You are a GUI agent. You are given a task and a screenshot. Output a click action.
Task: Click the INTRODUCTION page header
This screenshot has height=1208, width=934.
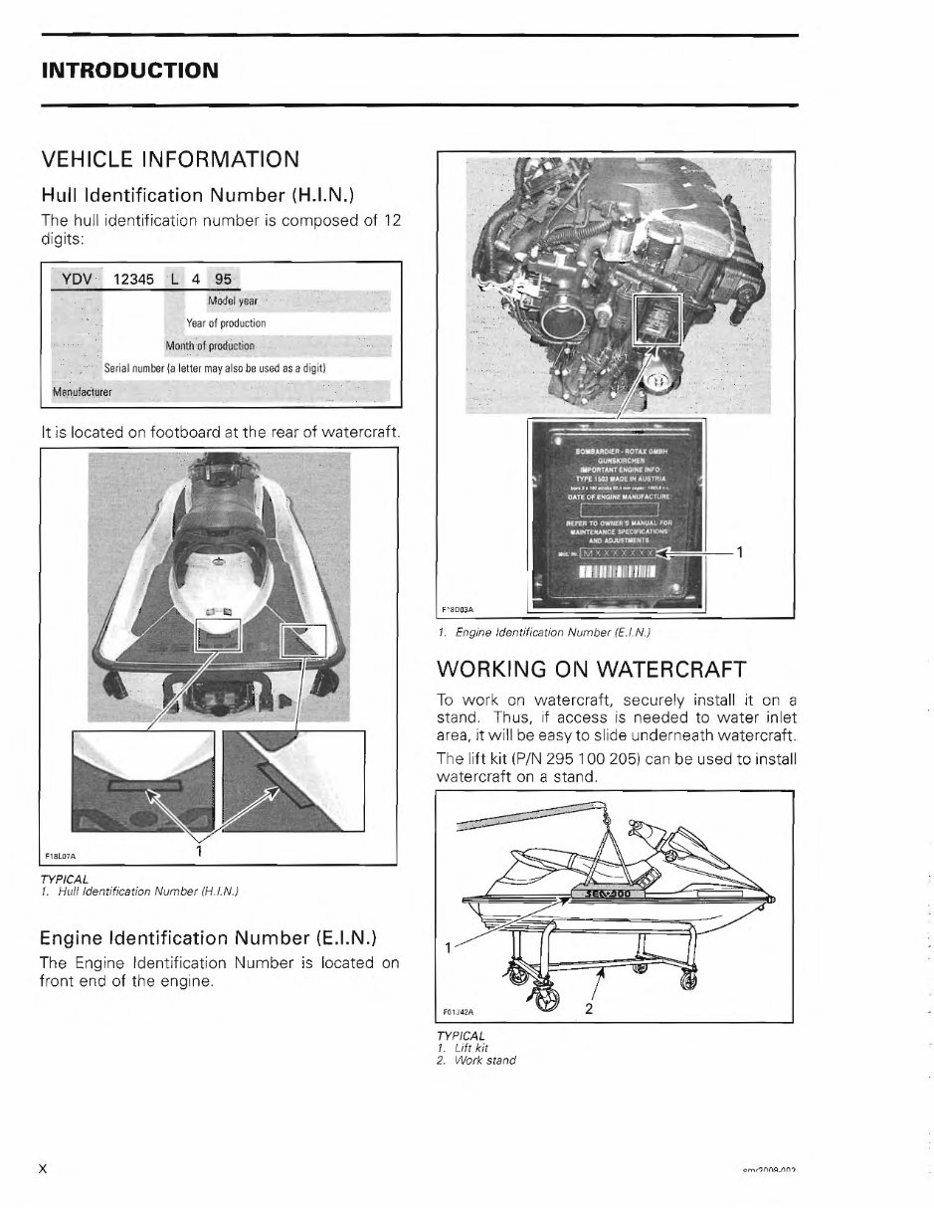point(128,71)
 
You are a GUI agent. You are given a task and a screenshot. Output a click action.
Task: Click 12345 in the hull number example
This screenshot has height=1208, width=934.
point(133,280)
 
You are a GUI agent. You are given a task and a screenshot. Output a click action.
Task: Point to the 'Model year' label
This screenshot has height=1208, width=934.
point(232,301)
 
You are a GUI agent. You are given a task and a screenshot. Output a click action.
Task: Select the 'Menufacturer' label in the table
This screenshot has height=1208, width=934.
point(82,391)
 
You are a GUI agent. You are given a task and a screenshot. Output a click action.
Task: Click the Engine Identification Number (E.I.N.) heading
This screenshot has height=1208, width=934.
point(206,937)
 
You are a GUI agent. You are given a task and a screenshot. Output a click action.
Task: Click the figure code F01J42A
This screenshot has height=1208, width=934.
point(459,1014)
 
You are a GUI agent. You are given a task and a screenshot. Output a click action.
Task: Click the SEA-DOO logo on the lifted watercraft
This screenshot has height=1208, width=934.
point(611,893)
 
